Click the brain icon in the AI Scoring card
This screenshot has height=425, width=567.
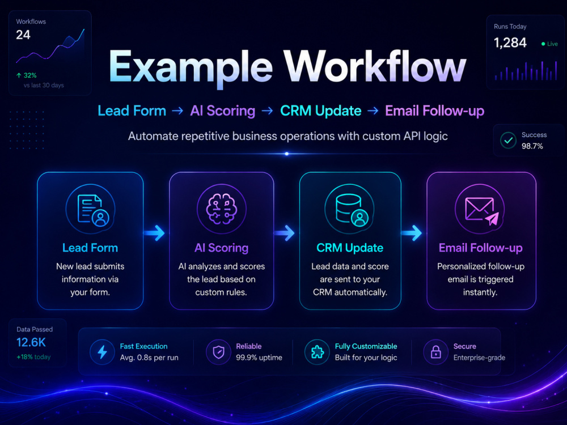point(221,209)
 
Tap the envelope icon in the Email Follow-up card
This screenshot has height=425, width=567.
point(479,209)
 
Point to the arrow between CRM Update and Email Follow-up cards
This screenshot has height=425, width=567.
point(412,233)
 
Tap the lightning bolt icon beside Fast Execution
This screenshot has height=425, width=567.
point(102,352)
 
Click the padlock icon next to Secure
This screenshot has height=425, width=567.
point(435,352)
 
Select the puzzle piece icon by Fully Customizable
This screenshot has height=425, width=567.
point(317,352)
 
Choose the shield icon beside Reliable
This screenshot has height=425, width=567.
point(218,352)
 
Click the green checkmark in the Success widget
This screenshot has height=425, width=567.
point(508,140)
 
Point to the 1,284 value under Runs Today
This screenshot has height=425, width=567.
point(510,42)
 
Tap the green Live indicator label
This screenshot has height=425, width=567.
point(549,44)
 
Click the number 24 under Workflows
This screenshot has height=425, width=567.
point(23,35)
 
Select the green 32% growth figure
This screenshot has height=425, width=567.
point(27,75)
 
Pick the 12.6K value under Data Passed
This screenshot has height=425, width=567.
point(31,342)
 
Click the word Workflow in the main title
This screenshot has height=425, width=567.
point(375,66)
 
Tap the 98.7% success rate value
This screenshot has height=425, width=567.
point(532,146)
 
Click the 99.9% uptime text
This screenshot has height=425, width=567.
point(259,358)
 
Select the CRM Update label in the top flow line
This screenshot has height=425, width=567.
point(321,110)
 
